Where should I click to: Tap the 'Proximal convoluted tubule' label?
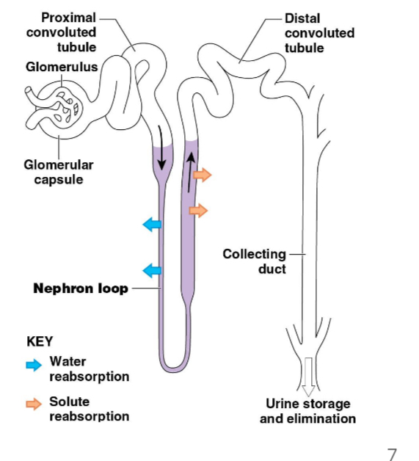point(62,32)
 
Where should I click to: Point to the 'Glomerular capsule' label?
point(52,173)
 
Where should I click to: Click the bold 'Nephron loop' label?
point(80,288)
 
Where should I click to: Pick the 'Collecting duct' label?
point(255,261)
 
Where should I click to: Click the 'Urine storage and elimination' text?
point(307,411)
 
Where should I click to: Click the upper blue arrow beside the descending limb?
point(152,225)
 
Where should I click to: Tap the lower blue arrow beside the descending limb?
point(152,271)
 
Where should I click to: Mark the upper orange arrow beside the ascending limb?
point(203,175)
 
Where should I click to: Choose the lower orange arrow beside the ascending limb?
point(198,211)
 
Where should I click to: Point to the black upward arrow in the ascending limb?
point(191,171)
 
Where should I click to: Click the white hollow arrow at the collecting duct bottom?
point(307,375)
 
